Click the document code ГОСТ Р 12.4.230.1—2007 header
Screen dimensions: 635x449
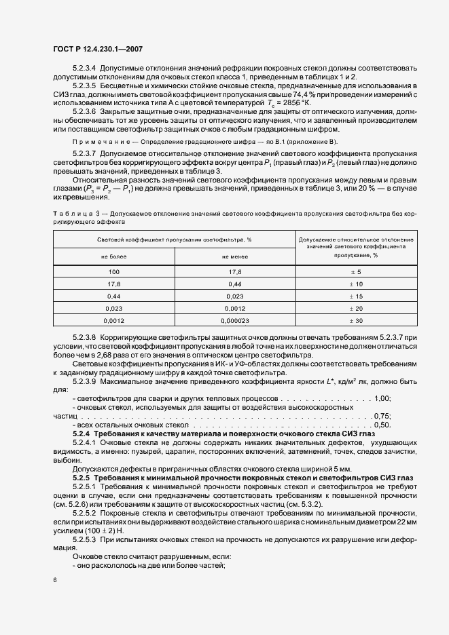point(97,49)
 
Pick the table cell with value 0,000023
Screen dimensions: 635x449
point(234,320)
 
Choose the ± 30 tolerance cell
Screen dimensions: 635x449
point(356,320)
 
